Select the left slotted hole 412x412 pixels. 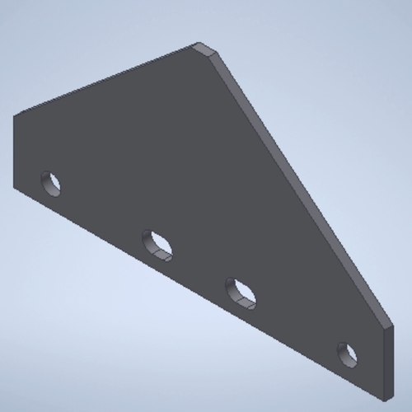coord(157,243)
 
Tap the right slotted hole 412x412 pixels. coord(241,292)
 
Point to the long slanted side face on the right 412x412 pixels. coord(313,198)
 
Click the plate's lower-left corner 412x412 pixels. coord(14,187)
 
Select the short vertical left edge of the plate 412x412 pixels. coord(13,152)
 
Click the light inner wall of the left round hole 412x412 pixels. coord(55,187)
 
